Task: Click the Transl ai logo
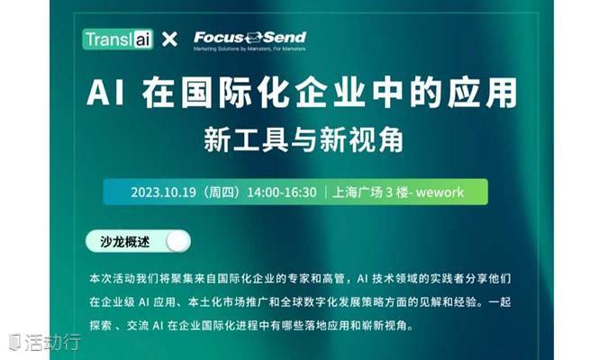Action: tap(118, 39)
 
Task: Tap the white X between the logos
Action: tap(169, 39)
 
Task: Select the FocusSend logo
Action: tap(250, 40)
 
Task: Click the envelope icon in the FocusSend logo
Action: tap(254, 37)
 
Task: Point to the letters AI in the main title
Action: tap(105, 92)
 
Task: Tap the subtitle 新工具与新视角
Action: tap(304, 139)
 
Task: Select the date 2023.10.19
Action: tap(163, 193)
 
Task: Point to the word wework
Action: tap(440, 193)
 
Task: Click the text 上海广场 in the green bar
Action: tap(357, 193)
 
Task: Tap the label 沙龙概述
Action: tap(125, 242)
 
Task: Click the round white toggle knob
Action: tap(178, 242)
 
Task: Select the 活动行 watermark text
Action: tap(52, 342)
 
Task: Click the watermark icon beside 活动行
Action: tap(14, 342)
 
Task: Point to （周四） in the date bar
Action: tap(222, 193)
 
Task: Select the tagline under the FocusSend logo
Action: tap(250, 49)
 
